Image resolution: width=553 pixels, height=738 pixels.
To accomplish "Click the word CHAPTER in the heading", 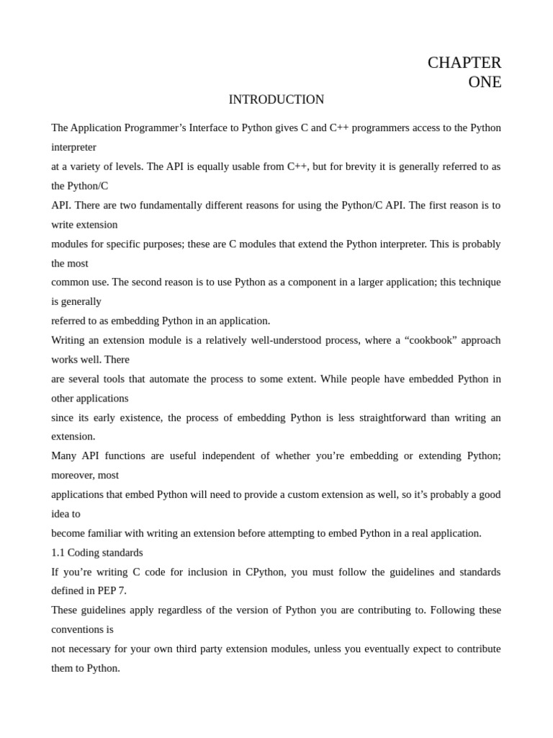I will (x=464, y=63).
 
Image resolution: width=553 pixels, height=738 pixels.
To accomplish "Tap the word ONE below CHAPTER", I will (x=485, y=82).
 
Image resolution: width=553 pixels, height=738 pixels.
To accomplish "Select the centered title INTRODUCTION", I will (x=276, y=99).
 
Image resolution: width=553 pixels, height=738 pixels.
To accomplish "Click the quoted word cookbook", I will (x=433, y=340).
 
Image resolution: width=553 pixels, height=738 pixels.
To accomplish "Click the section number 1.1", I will (x=58, y=553).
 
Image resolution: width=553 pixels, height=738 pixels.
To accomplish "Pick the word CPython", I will (x=264, y=572).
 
